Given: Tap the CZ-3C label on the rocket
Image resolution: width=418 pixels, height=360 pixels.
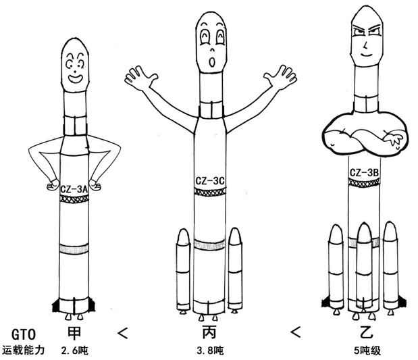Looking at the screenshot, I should pyautogui.click(x=209, y=181).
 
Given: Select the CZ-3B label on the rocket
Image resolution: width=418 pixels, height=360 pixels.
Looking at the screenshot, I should pyautogui.click(x=363, y=174).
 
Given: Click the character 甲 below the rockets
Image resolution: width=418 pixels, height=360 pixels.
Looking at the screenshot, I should pyautogui.click(x=76, y=333).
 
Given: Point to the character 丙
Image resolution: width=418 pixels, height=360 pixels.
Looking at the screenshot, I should pyautogui.click(x=209, y=333).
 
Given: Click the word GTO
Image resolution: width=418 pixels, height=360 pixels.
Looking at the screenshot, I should pyautogui.click(x=20, y=334).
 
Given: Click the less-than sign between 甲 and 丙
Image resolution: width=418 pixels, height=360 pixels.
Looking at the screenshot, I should pyautogui.click(x=122, y=333).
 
